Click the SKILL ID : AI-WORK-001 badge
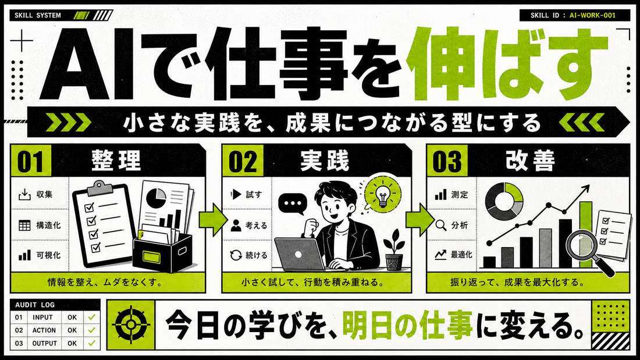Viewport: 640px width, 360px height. [x=573, y=16]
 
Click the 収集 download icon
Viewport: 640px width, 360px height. [x=24, y=195]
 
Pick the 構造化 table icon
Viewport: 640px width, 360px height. [x=24, y=225]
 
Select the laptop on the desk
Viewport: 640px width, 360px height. [x=300, y=254]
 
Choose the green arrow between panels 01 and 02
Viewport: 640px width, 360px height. [x=213, y=220]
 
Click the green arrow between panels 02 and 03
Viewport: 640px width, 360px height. [x=421, y=220]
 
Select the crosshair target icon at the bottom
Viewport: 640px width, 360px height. [x=131, y=325]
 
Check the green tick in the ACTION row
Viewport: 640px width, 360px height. [x=91, y=330]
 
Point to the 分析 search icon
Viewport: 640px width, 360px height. [x=441, y=225]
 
